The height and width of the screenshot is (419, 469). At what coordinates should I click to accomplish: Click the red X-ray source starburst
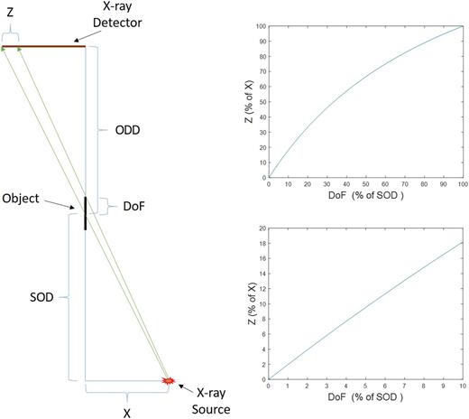click(167, 381)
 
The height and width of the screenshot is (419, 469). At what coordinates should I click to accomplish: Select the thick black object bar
click(86, 212)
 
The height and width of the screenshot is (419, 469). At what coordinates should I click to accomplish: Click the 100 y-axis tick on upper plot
click(260, 25)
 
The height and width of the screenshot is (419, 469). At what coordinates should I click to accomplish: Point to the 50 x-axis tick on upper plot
click(365, 184)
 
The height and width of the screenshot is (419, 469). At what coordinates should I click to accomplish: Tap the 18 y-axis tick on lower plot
click(261, 228)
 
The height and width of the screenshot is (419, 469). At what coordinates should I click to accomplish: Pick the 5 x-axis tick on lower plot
click(365, 387)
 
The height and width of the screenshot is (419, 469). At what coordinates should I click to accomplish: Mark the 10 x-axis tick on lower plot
click(462, 387)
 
